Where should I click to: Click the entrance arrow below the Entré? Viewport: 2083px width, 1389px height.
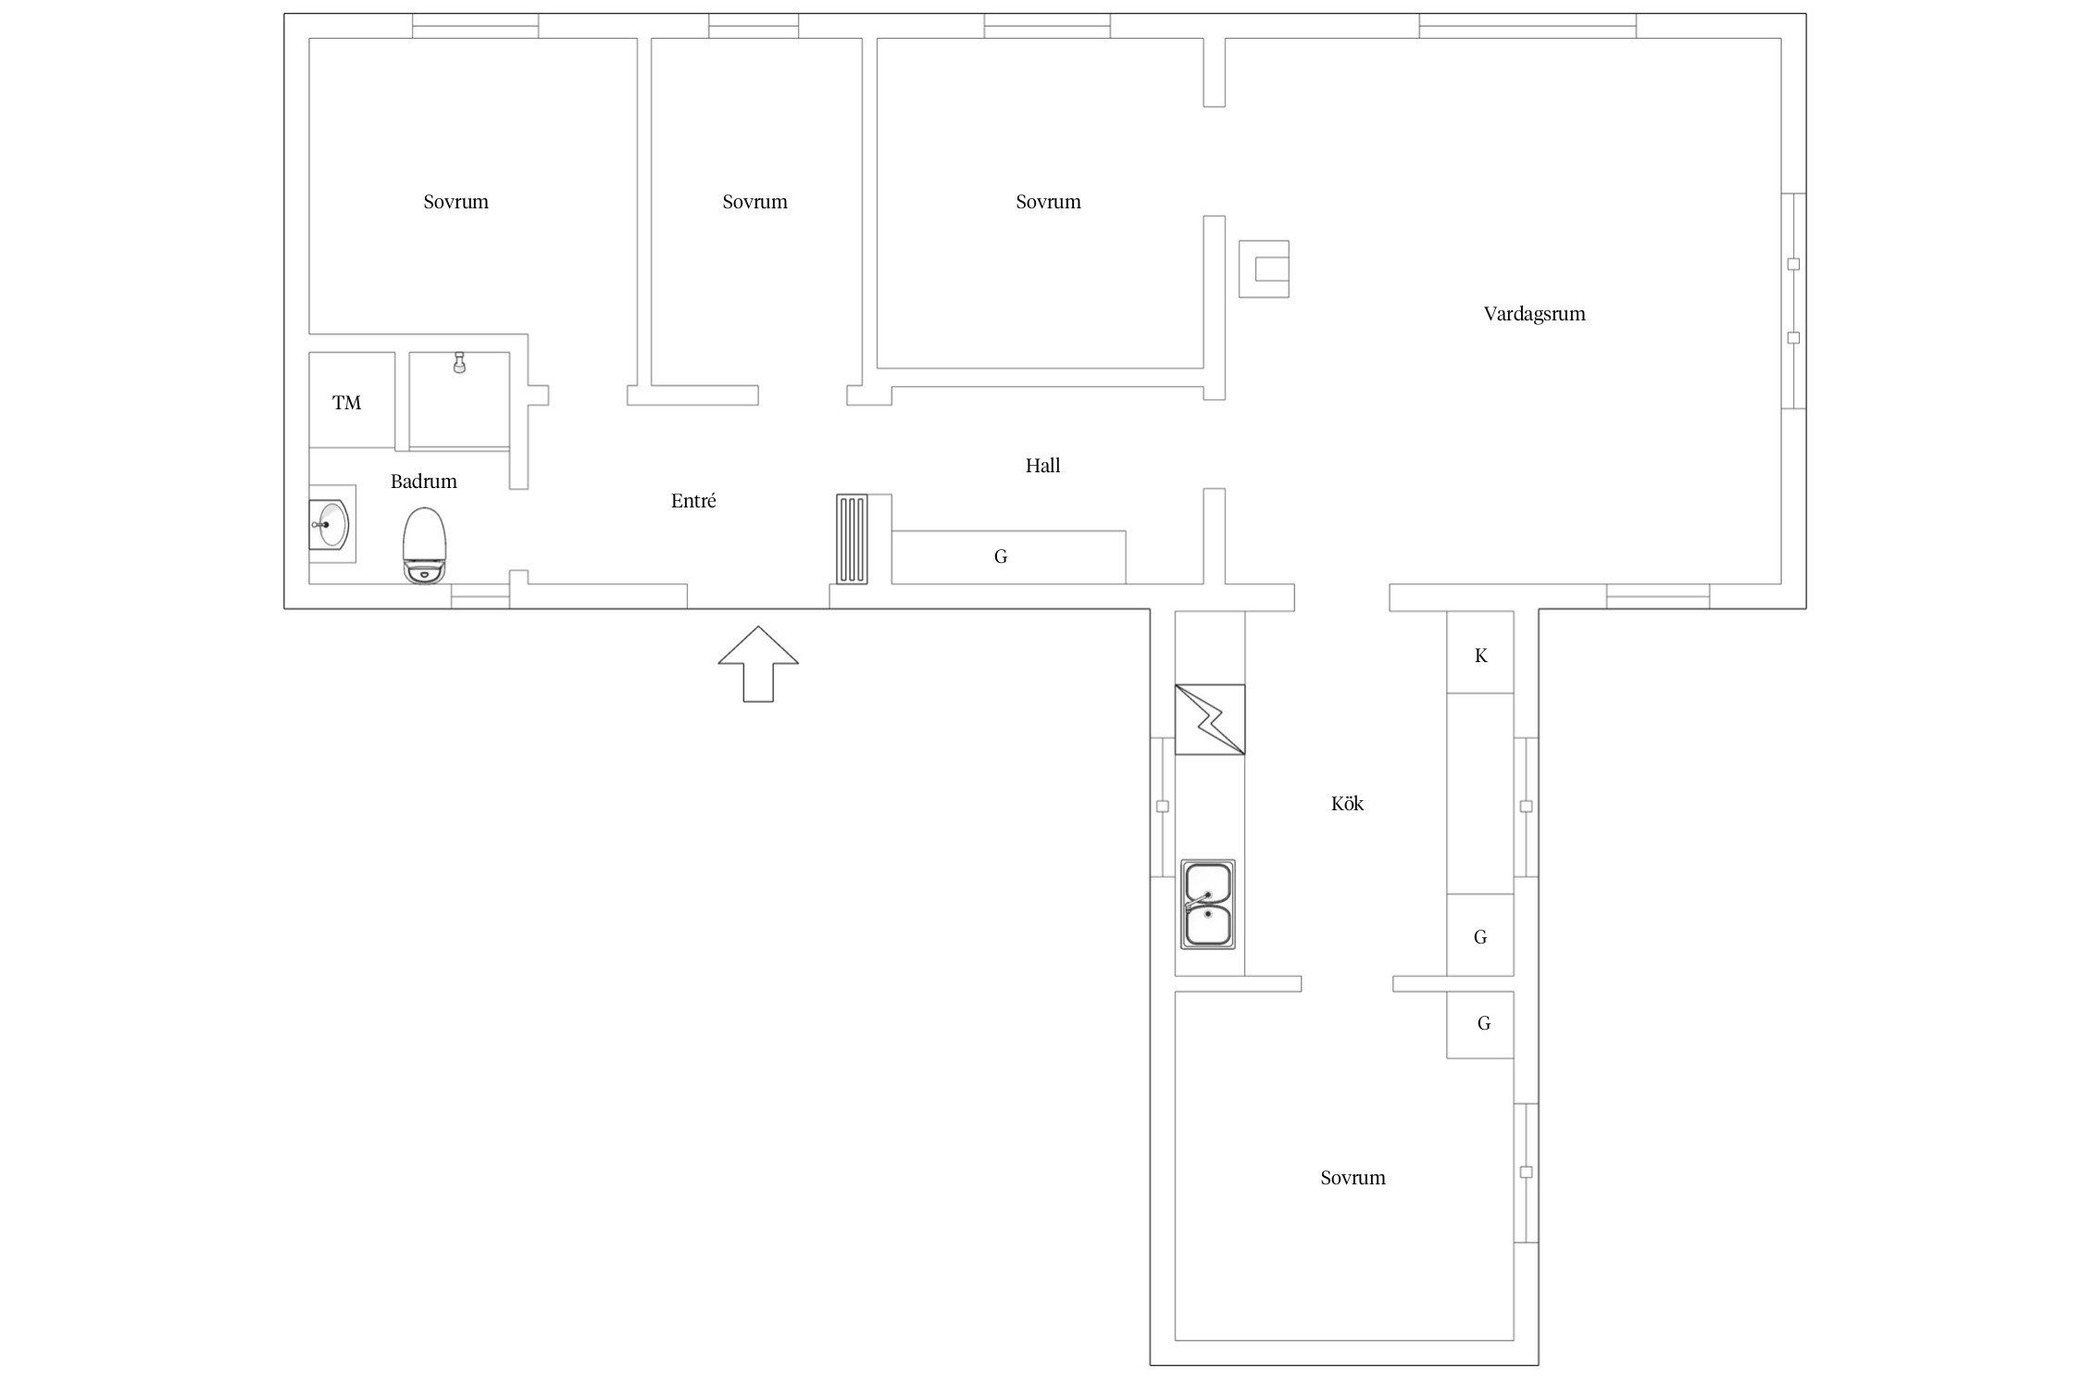(757, 663)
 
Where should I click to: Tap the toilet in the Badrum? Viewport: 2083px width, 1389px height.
(425, 546)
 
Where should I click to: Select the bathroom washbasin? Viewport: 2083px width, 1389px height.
(330, 524)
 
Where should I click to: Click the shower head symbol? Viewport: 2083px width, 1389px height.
(459, 362)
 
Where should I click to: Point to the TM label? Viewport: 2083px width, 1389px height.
(346, 403)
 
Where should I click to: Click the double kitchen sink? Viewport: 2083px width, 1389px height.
(1208, 904)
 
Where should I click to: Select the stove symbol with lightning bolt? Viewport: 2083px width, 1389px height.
(1210, 720)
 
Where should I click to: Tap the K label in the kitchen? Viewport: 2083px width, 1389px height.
(1480, 656)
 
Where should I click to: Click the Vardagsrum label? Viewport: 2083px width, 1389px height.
(1534, 314)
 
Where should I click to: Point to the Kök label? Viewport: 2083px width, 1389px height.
(1347, 804)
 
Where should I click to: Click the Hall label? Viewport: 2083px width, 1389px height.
(1042, 466)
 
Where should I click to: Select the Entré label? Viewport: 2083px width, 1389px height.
(693, 501)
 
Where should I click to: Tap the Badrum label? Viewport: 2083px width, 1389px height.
(423, 482)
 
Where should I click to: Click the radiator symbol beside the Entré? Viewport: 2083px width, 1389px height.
(852, 539)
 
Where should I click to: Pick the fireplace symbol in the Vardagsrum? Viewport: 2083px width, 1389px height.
(1264, 269)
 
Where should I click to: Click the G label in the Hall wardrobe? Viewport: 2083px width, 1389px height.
(1001, 557)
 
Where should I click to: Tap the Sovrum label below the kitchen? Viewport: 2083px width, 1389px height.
(1353, 1178)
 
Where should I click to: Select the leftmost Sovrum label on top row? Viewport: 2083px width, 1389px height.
(455, 202)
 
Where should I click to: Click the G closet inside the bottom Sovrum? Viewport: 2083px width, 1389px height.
(1480, 1024)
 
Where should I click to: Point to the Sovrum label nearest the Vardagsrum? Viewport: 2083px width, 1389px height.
(1048, 202)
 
